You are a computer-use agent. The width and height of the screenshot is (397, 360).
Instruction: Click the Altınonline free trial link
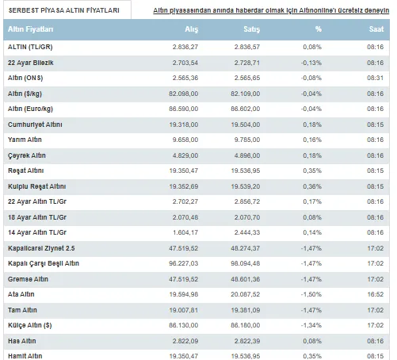[271, 10]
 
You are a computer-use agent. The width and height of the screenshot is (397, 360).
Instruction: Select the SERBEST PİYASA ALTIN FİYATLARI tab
[64, 10]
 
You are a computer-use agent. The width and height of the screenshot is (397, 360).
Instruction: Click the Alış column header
[192, 29]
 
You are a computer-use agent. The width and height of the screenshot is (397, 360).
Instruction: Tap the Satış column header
[252, 29]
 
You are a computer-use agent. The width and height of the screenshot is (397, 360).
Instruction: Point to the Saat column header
[376, 29]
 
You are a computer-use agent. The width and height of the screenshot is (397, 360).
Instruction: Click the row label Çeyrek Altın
[27, 155]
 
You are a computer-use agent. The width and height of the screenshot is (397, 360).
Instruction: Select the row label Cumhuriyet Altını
[35, 124]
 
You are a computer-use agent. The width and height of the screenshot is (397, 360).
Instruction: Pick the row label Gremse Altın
[28, 279]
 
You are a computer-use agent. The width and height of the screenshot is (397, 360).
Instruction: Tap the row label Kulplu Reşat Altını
[36, 186]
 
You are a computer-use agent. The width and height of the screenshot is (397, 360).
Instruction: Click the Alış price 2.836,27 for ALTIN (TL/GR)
[185, 47]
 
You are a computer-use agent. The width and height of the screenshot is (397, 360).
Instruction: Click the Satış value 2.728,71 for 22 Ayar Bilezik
[247, 63]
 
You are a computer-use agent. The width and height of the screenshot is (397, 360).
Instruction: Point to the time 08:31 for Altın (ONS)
[376, 78]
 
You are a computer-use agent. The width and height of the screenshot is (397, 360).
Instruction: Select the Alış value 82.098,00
[184, 94]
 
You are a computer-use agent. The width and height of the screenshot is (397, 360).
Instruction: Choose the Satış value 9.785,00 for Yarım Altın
[247, 140]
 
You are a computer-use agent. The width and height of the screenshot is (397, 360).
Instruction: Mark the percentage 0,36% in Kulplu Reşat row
[312, 186]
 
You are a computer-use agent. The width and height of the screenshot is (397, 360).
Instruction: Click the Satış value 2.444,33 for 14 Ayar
[247, 232]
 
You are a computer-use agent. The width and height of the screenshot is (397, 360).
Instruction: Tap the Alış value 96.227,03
[184, 263]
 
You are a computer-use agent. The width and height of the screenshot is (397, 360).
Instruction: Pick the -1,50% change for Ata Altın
[311, 294]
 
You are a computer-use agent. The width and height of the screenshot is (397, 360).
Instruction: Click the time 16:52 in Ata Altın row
[376, 294]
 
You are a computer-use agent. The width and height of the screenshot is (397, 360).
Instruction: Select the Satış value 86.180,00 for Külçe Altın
[246, 325]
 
